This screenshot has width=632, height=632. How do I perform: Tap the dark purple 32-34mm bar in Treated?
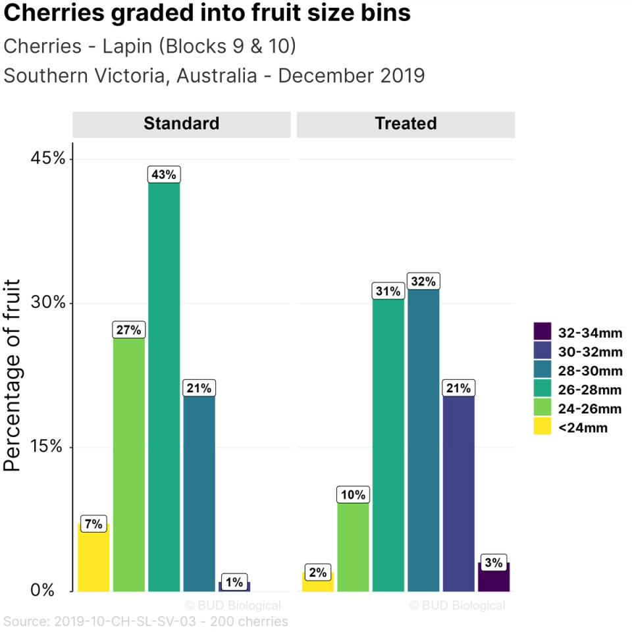(x=494, y=577)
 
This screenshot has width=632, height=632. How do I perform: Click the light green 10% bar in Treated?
(x=353, y=546)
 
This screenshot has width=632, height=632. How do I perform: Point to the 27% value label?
(x=128, y=330)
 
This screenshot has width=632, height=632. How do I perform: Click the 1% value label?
(x=234, y=582)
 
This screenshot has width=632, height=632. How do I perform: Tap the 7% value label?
(x=93, y=524)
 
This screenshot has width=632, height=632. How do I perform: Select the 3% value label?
(x=494, y=563)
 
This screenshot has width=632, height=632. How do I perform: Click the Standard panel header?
(x=181, y=124)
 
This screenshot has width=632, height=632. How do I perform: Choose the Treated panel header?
(x=406, y=124)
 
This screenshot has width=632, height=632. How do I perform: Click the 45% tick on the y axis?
(x=49, y=159)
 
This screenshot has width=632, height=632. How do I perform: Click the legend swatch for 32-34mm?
(x=542, y=332)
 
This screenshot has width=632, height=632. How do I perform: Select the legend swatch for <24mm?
(x=542, y=427)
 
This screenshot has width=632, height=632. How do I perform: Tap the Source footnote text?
(x=145, y=621)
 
